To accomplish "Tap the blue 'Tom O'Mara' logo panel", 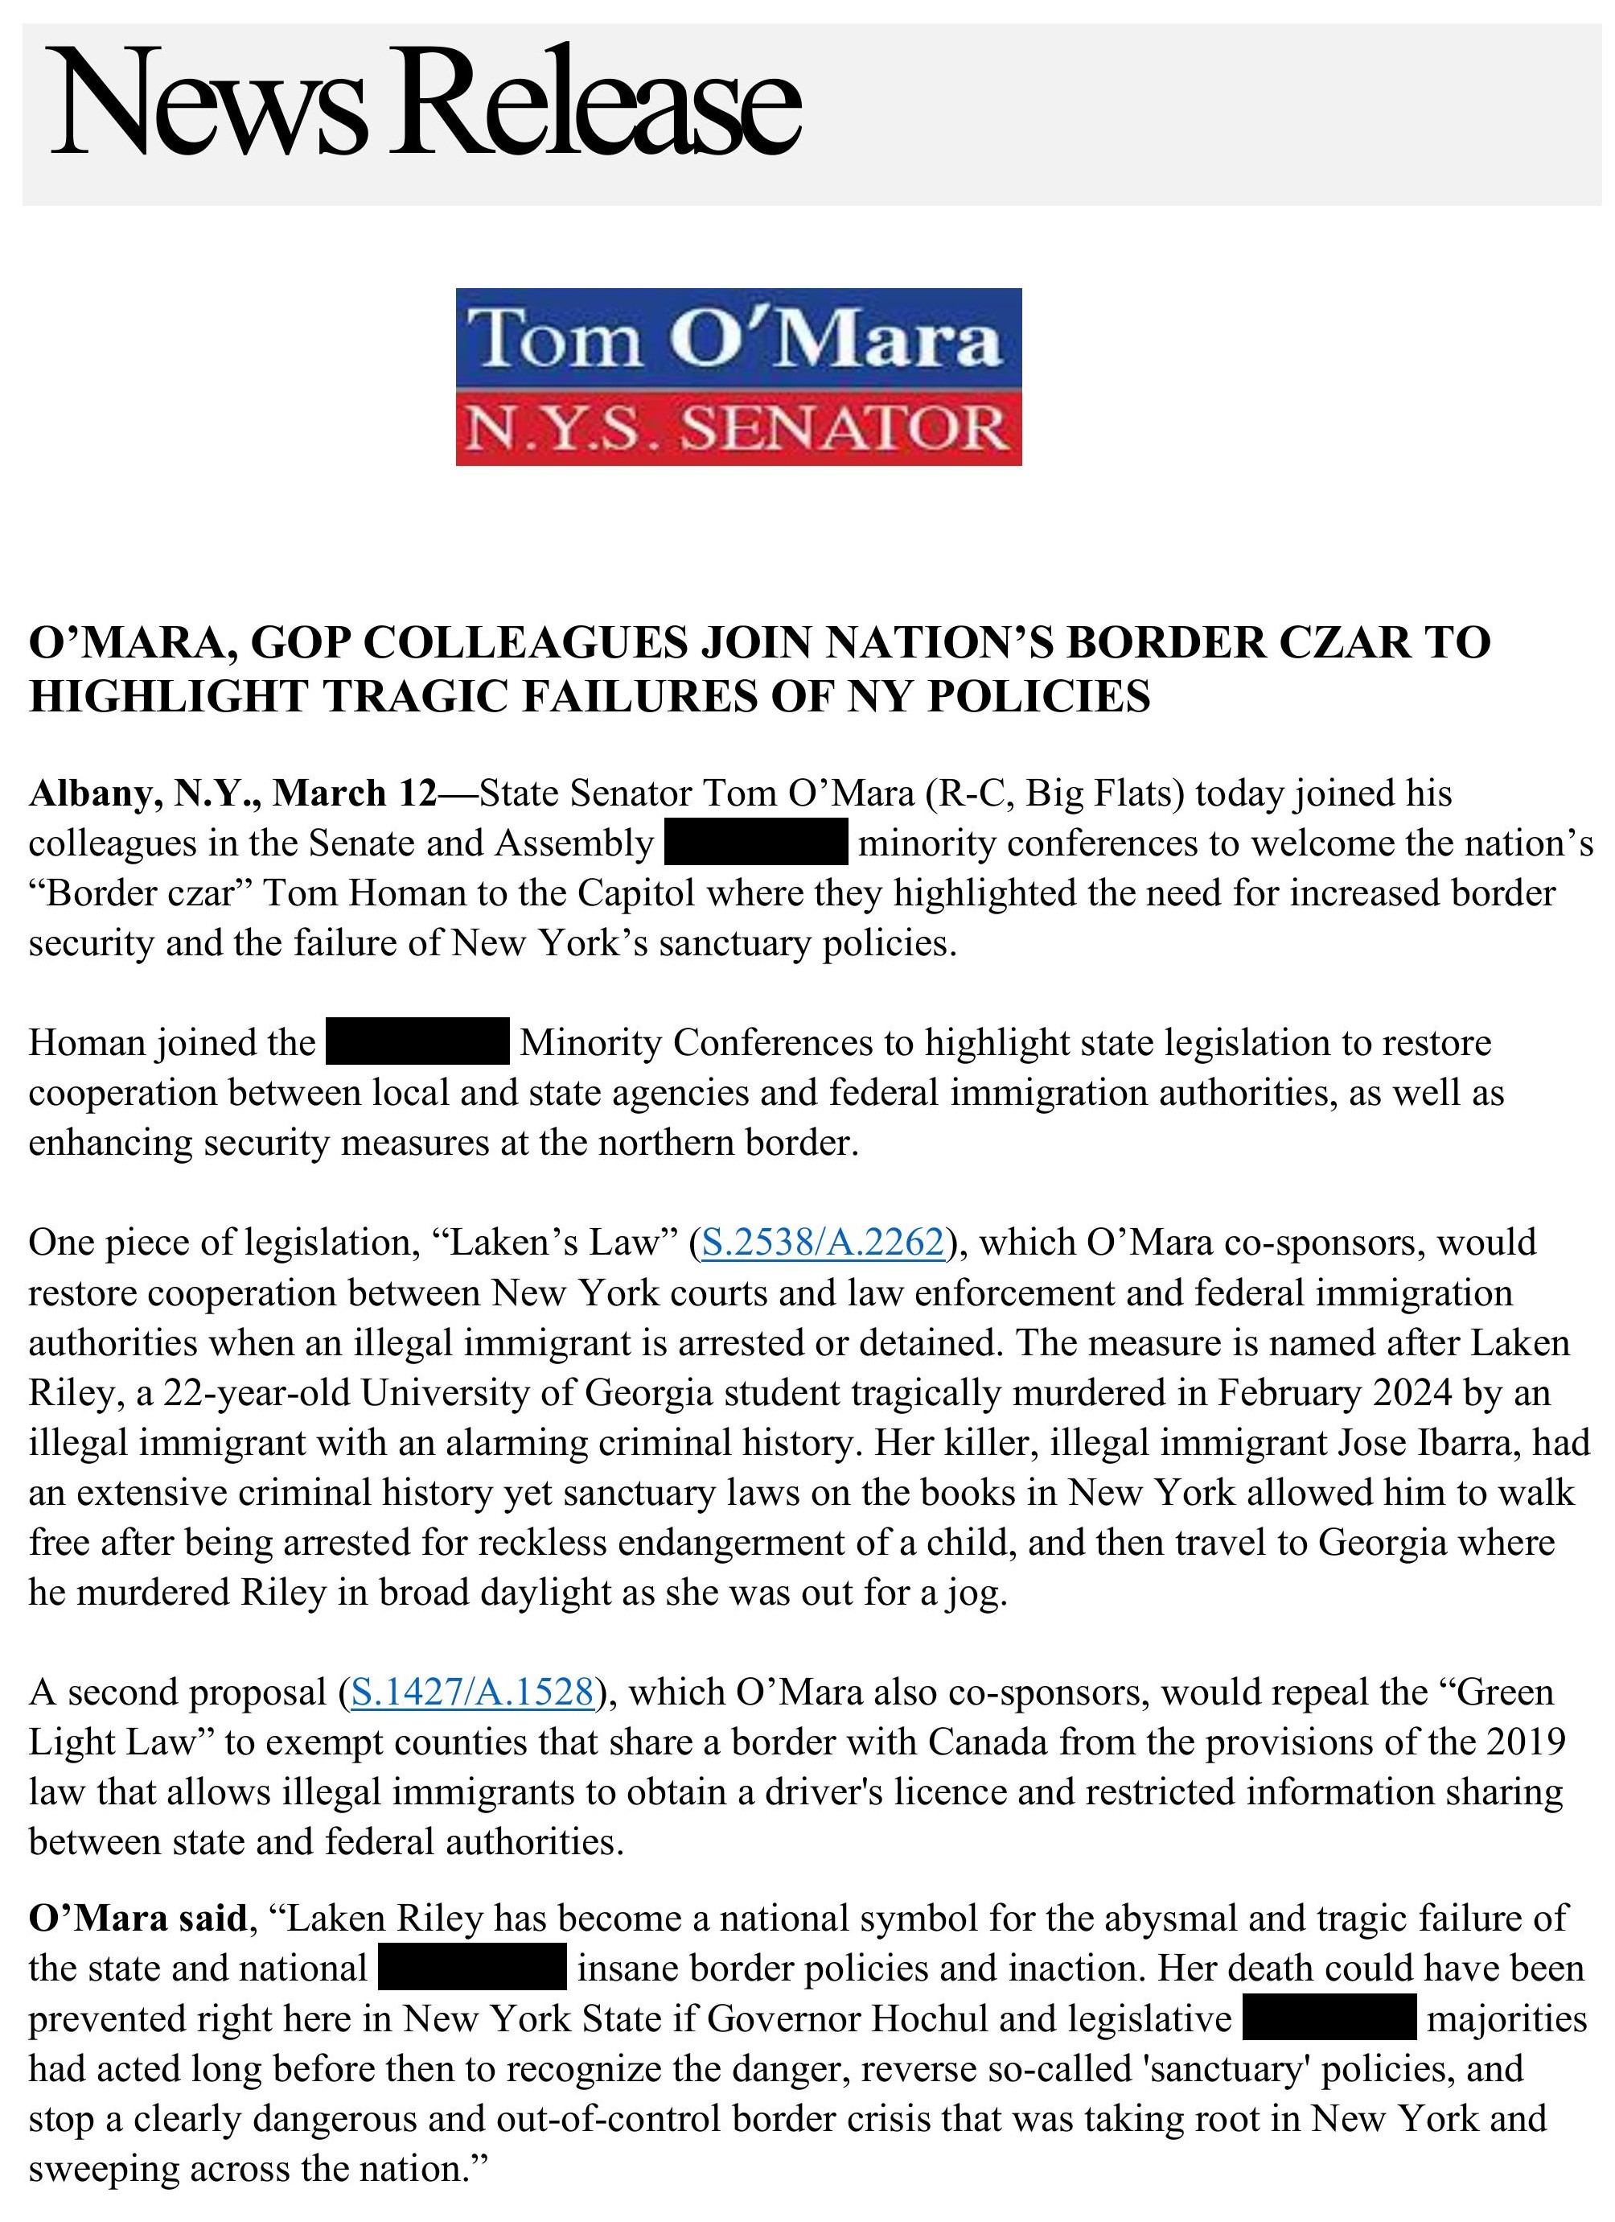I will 738,338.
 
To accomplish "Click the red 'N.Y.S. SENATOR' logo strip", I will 738,429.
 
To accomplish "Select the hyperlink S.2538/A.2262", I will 823,1243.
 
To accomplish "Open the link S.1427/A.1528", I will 472,1692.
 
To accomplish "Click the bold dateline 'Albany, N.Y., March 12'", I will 232,793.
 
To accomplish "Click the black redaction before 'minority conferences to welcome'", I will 755,843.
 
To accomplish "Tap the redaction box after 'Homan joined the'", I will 417,1042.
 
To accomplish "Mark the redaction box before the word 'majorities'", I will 1329,2018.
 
